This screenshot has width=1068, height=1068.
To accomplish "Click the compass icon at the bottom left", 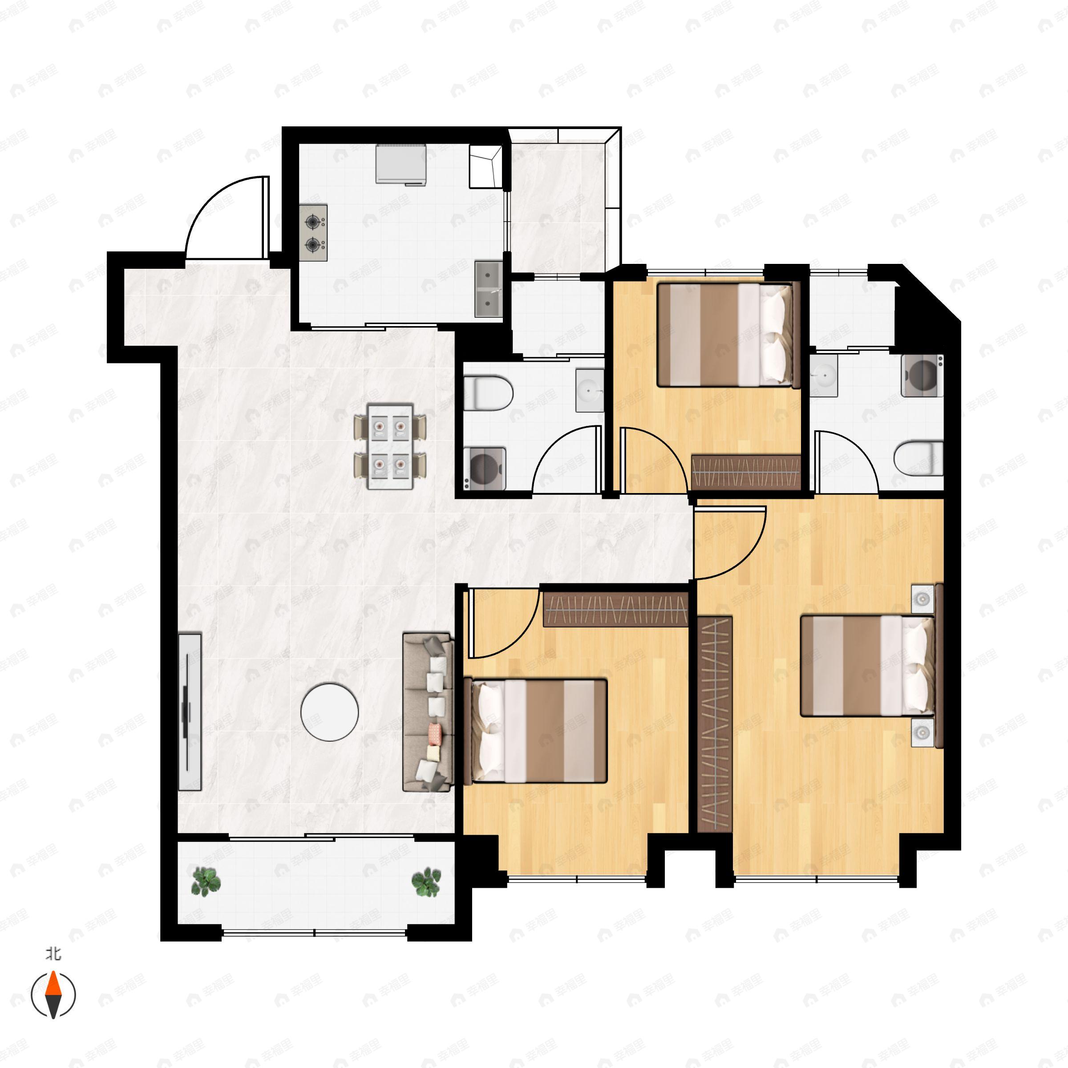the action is (53, 995).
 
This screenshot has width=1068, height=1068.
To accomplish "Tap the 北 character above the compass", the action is (53, 954).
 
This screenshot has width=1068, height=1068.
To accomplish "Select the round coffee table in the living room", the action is (329, 712).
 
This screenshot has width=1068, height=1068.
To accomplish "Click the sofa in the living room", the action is (429, 712).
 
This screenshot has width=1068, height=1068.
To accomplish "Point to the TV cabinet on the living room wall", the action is (190, 712).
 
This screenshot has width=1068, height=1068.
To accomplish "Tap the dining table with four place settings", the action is (390, 446).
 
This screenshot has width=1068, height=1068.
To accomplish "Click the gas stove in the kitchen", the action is (313, 233).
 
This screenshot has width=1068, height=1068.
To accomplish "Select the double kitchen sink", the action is (489, 289).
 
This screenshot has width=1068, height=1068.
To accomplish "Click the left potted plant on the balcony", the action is (206, 881).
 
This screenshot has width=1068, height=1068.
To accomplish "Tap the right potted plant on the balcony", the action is (427, 881).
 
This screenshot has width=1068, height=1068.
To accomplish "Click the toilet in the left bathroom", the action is (488, 393).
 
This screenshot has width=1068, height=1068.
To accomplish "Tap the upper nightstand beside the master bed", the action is (922, 599).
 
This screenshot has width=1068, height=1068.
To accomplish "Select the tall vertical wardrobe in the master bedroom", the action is (715, 724).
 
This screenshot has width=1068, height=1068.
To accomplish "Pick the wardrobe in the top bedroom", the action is (746, 472).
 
